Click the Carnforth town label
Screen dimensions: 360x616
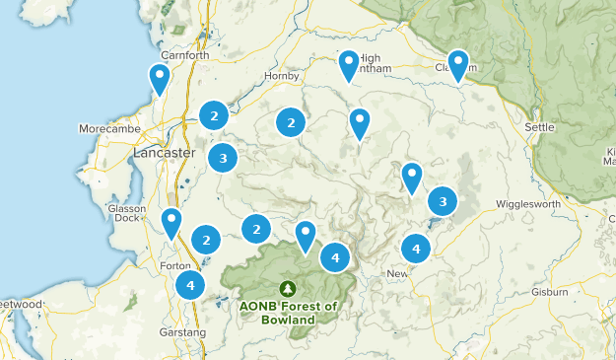(187, 55)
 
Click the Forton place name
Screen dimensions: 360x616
(173, 265)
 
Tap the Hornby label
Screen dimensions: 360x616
(281, 76)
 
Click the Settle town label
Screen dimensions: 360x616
(540, 127)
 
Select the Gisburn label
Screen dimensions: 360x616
(548, 292)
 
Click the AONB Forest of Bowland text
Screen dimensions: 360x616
(288, 313)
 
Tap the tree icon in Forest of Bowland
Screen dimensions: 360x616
(288, 289)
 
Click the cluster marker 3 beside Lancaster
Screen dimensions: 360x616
(224, 157)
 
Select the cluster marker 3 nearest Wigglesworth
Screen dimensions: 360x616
(443, 201)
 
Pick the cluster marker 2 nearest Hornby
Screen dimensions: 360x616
(290, 122)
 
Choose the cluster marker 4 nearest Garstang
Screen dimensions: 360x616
(190, 286)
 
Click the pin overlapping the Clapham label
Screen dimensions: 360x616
(458, 64)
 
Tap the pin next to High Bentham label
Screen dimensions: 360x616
(349, 64)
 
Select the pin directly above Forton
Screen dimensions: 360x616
(172, 222)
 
